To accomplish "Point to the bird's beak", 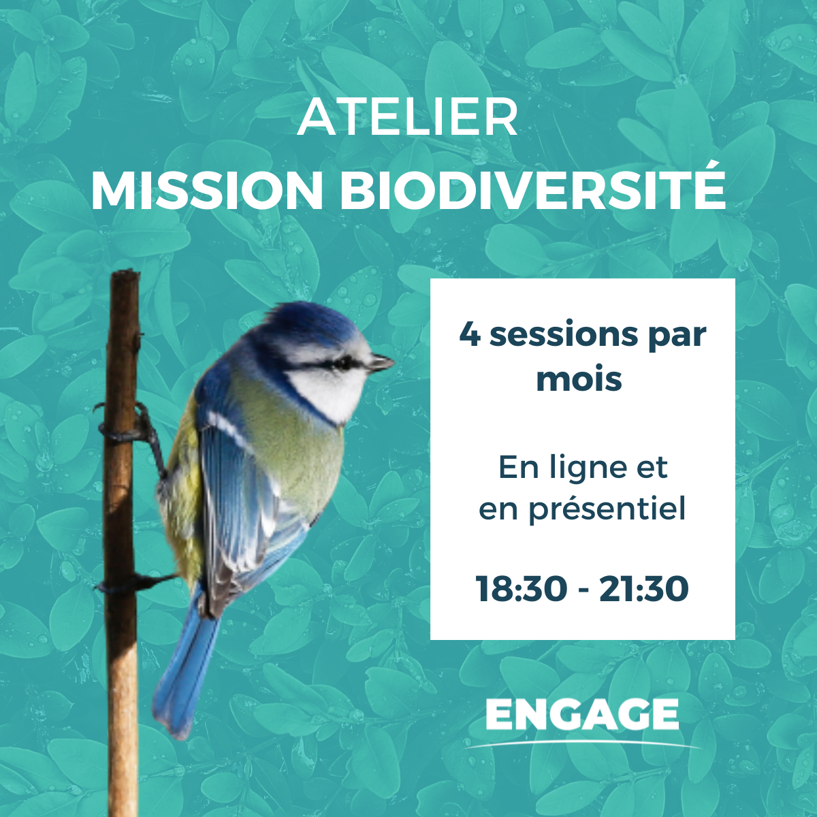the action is (381, 362).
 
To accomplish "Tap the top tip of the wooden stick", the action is (125, 270).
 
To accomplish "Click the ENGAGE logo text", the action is (581, 715).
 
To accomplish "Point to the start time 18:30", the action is (522, 590).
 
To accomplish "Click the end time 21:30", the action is (644, 590).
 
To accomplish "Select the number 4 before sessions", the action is (470, 334).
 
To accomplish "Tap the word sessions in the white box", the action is (564, 336).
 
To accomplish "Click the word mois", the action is (579, 379).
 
